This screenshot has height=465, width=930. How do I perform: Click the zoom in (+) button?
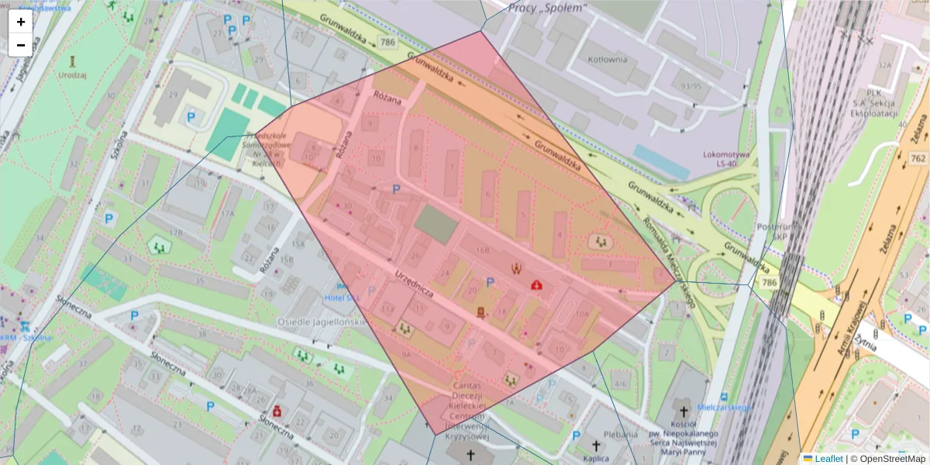(21, 22)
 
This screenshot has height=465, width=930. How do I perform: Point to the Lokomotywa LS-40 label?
(726, 159)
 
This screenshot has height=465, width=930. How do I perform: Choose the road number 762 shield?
(918, 159)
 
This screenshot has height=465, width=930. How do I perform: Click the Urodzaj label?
(73, 75)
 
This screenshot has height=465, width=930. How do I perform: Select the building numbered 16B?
(483, 250)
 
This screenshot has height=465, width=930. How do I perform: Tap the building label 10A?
(583, 315)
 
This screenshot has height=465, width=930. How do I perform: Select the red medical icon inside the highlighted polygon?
(535, 285)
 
